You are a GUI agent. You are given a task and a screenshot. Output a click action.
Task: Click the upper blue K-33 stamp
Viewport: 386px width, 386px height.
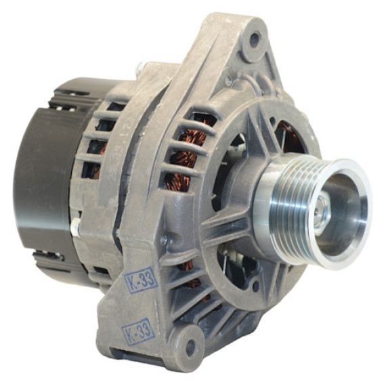pos(141,280)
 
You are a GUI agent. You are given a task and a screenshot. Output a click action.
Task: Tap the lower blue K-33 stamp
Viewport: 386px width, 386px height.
pos(138,332)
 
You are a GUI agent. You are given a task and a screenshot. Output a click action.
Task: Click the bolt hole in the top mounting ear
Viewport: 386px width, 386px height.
pos(255,39)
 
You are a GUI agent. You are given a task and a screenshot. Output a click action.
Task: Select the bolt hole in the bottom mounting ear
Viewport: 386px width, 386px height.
pos(190,347)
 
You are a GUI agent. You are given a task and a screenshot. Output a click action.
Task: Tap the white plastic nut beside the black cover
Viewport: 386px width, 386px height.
pos(75,227)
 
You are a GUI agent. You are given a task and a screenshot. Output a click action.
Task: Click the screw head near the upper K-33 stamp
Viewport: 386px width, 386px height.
pos(163,239)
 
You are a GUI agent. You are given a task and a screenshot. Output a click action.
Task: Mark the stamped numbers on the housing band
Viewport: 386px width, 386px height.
pos(126,148)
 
